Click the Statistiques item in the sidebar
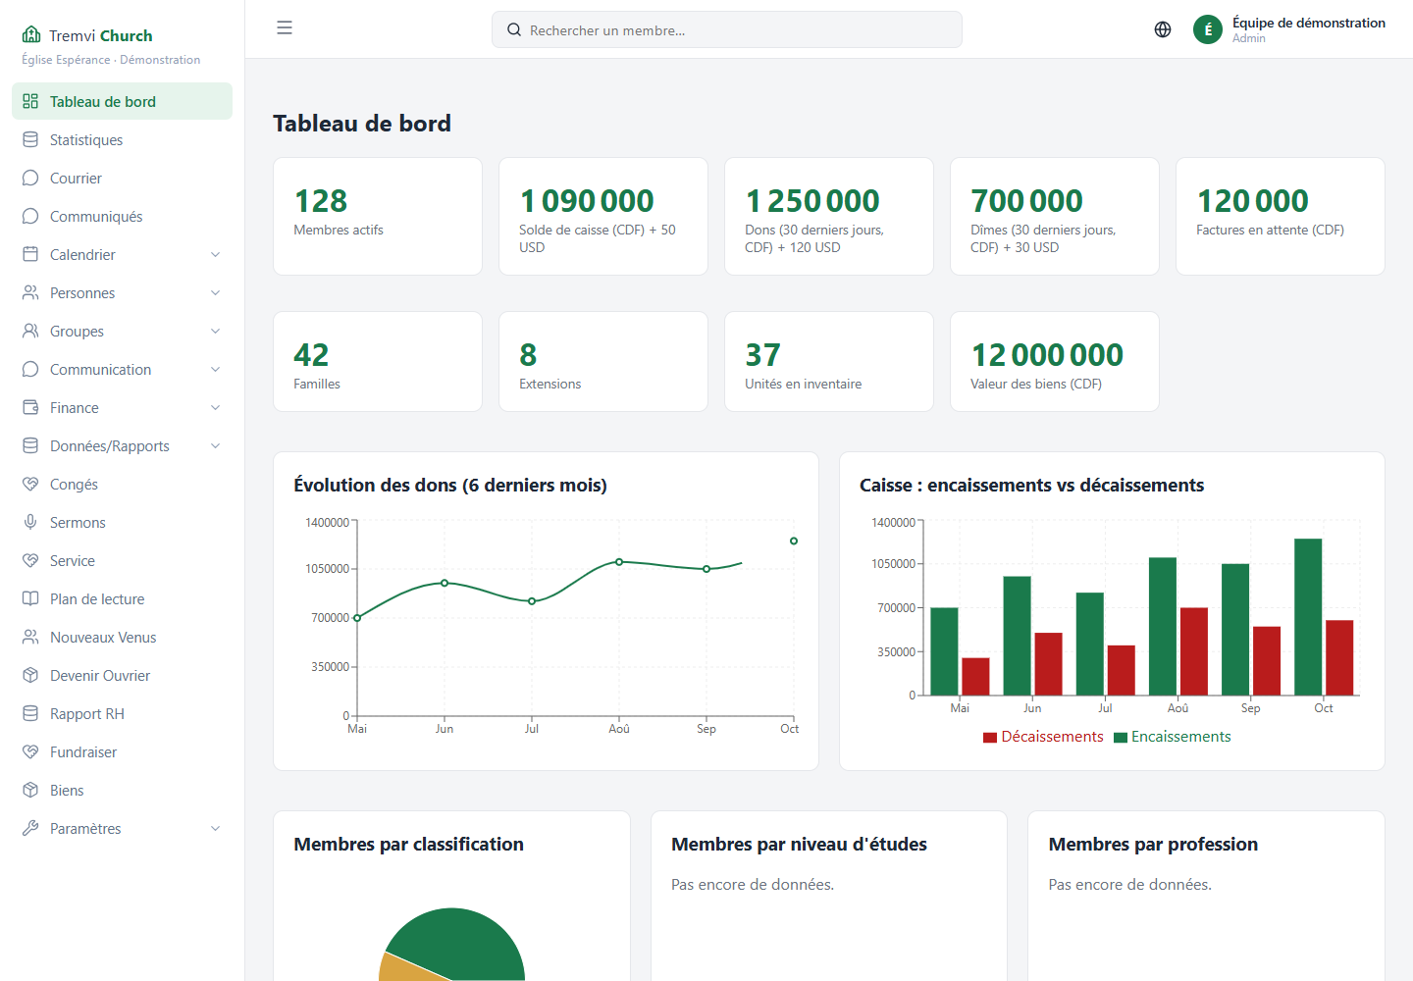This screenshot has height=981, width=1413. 85,140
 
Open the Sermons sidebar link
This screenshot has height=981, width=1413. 77,523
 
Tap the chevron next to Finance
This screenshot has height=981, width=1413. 215,408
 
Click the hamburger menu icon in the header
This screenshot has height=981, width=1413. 285,27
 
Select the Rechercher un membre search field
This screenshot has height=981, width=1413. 727,29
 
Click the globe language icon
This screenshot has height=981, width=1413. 1163,29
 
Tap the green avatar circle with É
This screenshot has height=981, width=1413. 1208,29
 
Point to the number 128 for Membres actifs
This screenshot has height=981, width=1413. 321,201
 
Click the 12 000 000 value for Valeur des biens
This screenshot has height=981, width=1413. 1047,355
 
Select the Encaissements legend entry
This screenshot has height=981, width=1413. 1172,737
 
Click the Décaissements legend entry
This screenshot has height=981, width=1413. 1043,737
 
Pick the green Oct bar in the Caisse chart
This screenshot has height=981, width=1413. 1308,617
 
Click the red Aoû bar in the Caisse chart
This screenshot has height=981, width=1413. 1194,652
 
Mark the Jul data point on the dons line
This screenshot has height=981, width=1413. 532,601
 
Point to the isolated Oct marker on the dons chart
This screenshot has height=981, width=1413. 794,541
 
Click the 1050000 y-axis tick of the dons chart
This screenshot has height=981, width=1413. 327,569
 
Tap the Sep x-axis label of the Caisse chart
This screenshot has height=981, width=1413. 1250,708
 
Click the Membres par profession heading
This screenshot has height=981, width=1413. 1153,845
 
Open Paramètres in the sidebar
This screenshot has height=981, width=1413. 85,828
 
